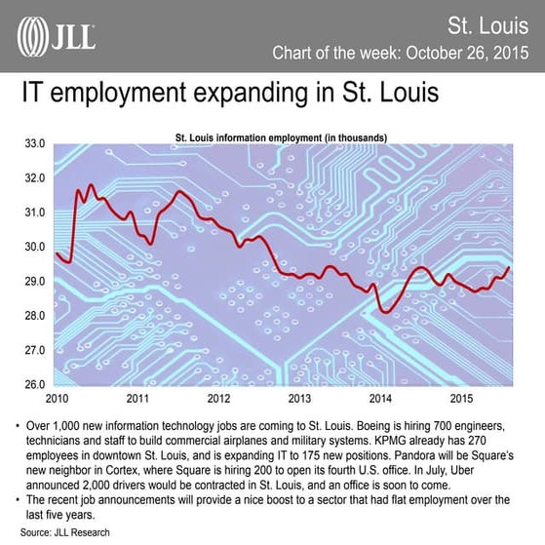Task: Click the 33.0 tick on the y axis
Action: coord(35,144)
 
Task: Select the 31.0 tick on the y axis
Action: coord(35,213)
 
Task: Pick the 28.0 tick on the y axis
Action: coord(35,316)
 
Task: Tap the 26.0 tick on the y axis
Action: coord(35,384)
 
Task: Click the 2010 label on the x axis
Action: coord(57,399)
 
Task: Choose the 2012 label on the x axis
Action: coord(217,399)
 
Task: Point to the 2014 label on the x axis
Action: coord(380,399)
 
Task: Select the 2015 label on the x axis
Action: coord(461,399)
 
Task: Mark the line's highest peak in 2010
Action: coord(91,184)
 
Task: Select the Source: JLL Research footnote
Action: coord(64,532)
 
